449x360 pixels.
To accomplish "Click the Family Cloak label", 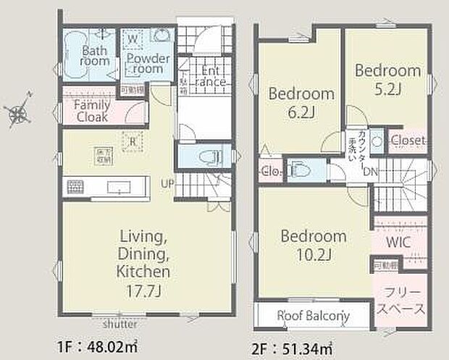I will click(92, 111).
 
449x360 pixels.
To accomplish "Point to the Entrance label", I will click(211, 76).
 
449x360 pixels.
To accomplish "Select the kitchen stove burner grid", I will click(75, 186).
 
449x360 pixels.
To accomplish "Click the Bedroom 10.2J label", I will click(313, 245).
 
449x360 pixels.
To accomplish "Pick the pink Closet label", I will click(408, 140).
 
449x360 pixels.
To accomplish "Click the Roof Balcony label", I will click(314, 316).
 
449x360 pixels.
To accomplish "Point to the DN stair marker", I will click(369, 172).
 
